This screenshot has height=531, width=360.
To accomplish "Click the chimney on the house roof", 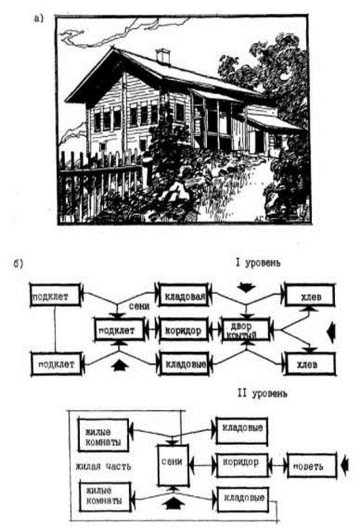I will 163,57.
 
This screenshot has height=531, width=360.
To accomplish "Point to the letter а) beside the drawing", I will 39,19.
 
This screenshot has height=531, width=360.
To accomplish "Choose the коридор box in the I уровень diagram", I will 182,331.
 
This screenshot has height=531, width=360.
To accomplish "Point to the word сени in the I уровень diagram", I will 141,308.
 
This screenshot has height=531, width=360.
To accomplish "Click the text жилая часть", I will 101,462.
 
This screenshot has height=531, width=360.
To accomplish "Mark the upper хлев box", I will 308,296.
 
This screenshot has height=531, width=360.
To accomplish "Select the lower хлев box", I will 309,364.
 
